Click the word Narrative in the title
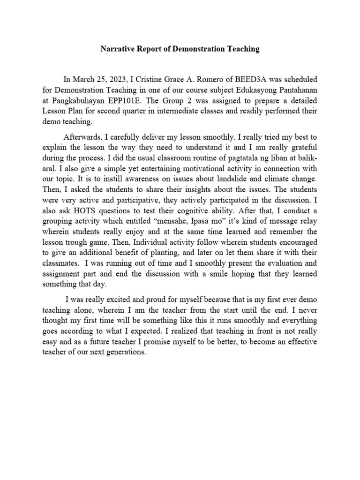pos(117,49)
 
